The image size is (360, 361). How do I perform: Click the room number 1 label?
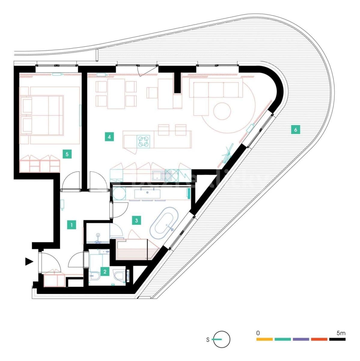(x=72, y=224)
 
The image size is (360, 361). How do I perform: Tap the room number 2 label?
(x=105, y=272)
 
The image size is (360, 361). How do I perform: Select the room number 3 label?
(x=136, y=221)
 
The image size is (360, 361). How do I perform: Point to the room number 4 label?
(x=109, y=137)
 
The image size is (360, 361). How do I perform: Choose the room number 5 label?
(x=67, y=154)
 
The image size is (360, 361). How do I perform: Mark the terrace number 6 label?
(x=296, y=130)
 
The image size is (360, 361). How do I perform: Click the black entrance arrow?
(x=29, y=262)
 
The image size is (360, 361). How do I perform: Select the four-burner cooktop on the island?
(x=143, y=141)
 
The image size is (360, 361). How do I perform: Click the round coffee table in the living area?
(x=222, y=111)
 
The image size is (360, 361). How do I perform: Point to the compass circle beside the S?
(x=222, y=339)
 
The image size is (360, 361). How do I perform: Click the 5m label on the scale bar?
(x=341, y=333)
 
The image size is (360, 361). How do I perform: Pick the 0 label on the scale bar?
(x=258, y=333)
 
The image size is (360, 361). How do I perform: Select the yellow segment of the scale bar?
(x=264, y=339)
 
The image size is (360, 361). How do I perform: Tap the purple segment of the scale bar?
(x=301, y=339)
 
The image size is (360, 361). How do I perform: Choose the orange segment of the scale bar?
(x=319, y=339)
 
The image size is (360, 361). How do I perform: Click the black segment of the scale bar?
(x=337, y=339)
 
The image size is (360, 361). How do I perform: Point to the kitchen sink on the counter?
(x=162, y=175)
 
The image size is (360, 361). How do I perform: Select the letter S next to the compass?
(x=208, y=340)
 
